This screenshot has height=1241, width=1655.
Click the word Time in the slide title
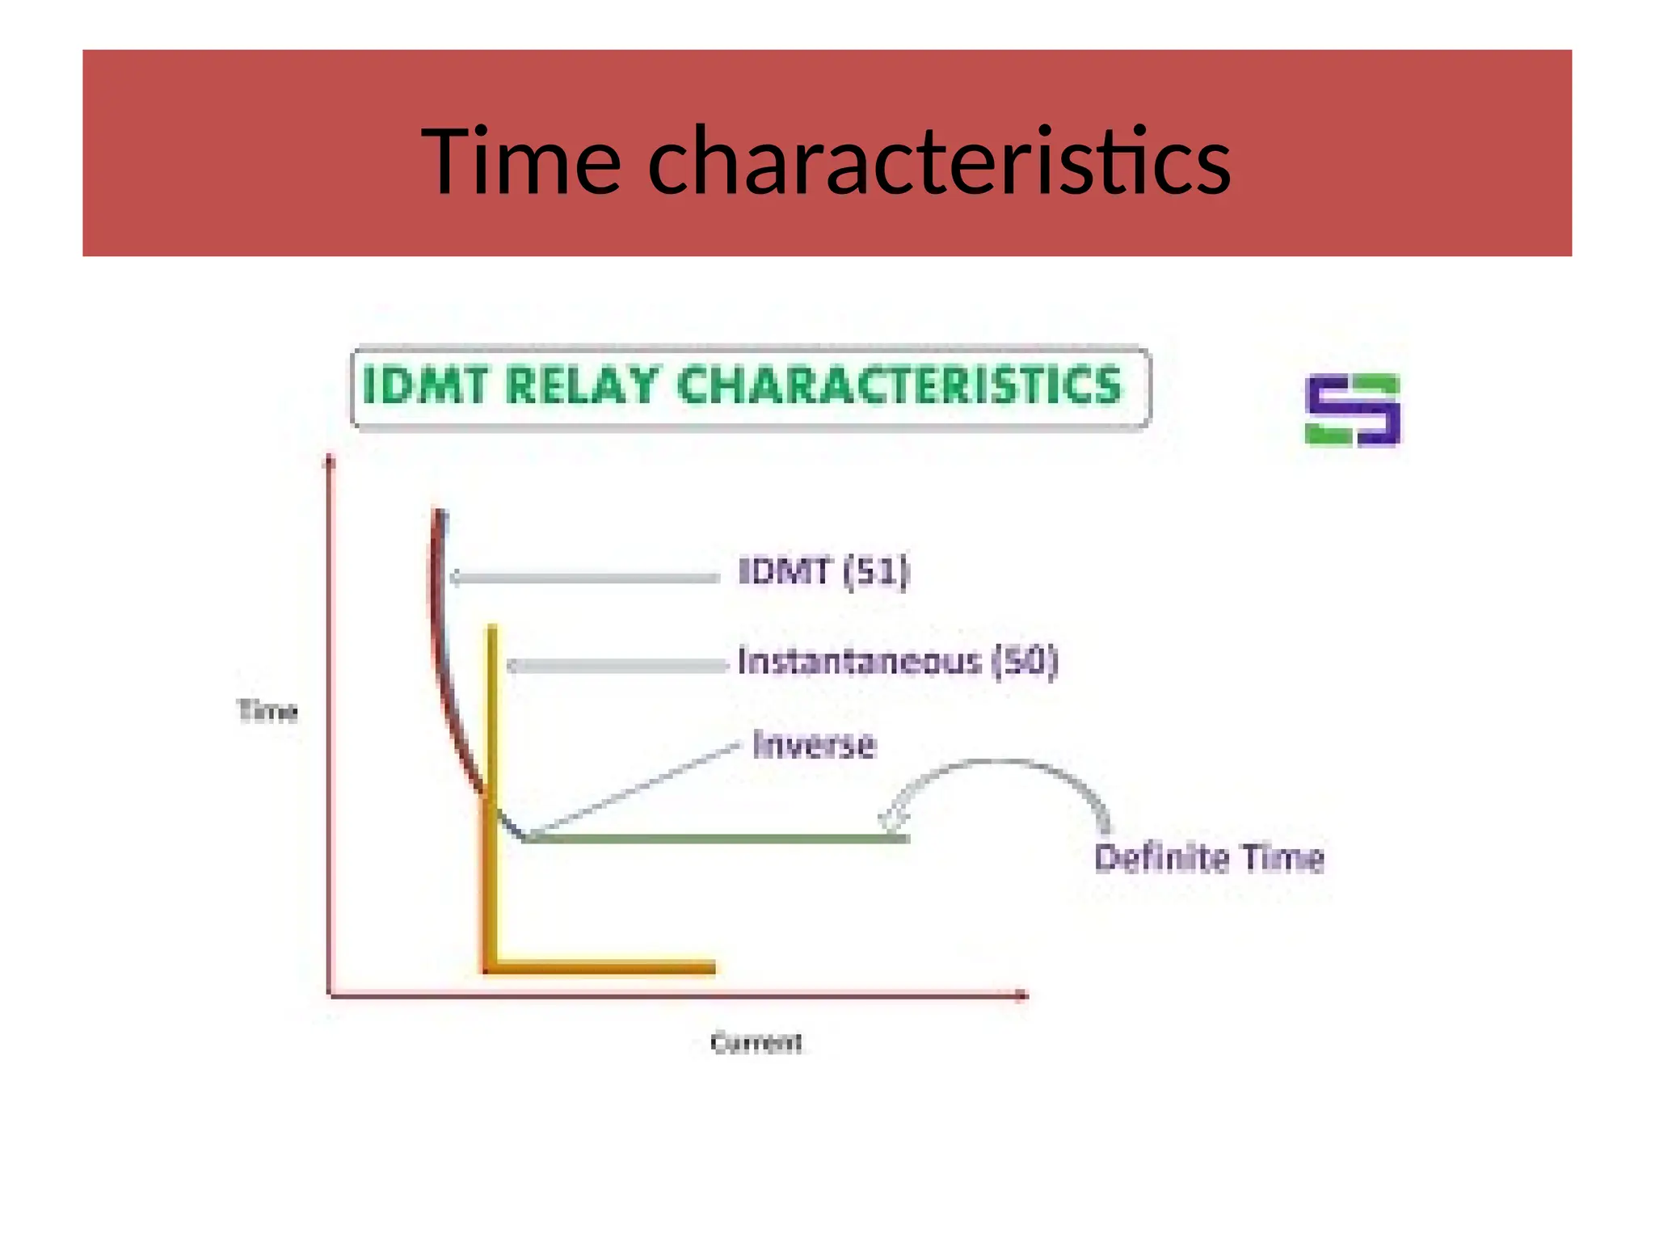click(520, 162)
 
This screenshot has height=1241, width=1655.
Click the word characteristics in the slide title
click(939, 162)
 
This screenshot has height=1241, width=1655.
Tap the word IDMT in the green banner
click(426, 385)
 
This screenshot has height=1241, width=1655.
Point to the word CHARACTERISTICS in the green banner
click(899, 385)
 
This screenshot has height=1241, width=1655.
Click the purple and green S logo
click(1352, 410)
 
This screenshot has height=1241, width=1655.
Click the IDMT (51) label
click(823, 572)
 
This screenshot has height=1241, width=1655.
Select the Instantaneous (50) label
click(897, 662)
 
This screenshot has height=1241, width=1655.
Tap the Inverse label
click(814, 745)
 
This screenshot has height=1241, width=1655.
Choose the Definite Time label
click(1209, 858)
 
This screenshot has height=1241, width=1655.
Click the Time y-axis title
click(267, 711)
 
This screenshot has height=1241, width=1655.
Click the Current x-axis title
click(756, 1043)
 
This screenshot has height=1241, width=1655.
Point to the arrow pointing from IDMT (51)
click(585, 578)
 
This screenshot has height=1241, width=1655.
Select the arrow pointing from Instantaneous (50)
click(617, 666)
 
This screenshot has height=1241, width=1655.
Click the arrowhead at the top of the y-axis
click(329, 461)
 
